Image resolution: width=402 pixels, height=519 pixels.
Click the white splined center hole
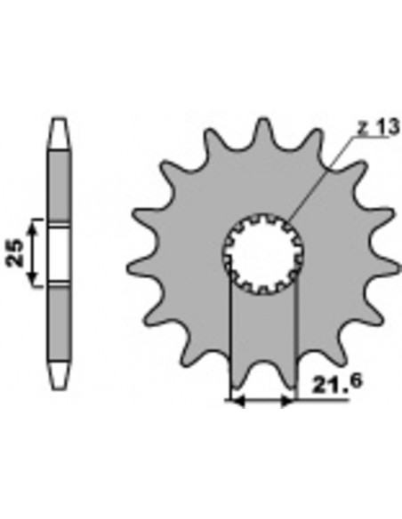pyautogui.click(x=263, y=252)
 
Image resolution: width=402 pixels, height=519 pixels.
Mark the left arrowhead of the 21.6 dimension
pyautogui.click(x=236, y=402)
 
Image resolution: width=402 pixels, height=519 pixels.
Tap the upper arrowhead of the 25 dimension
pyautogui.click(x=33, y=222)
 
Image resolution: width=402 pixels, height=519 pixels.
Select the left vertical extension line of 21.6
pyautogui.click(x=230, y=338)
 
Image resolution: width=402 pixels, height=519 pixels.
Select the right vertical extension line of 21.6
pyautogui.click(x=293, y=338)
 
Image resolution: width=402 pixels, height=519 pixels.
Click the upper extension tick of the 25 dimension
pyautogui.click(x=40, y=217)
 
